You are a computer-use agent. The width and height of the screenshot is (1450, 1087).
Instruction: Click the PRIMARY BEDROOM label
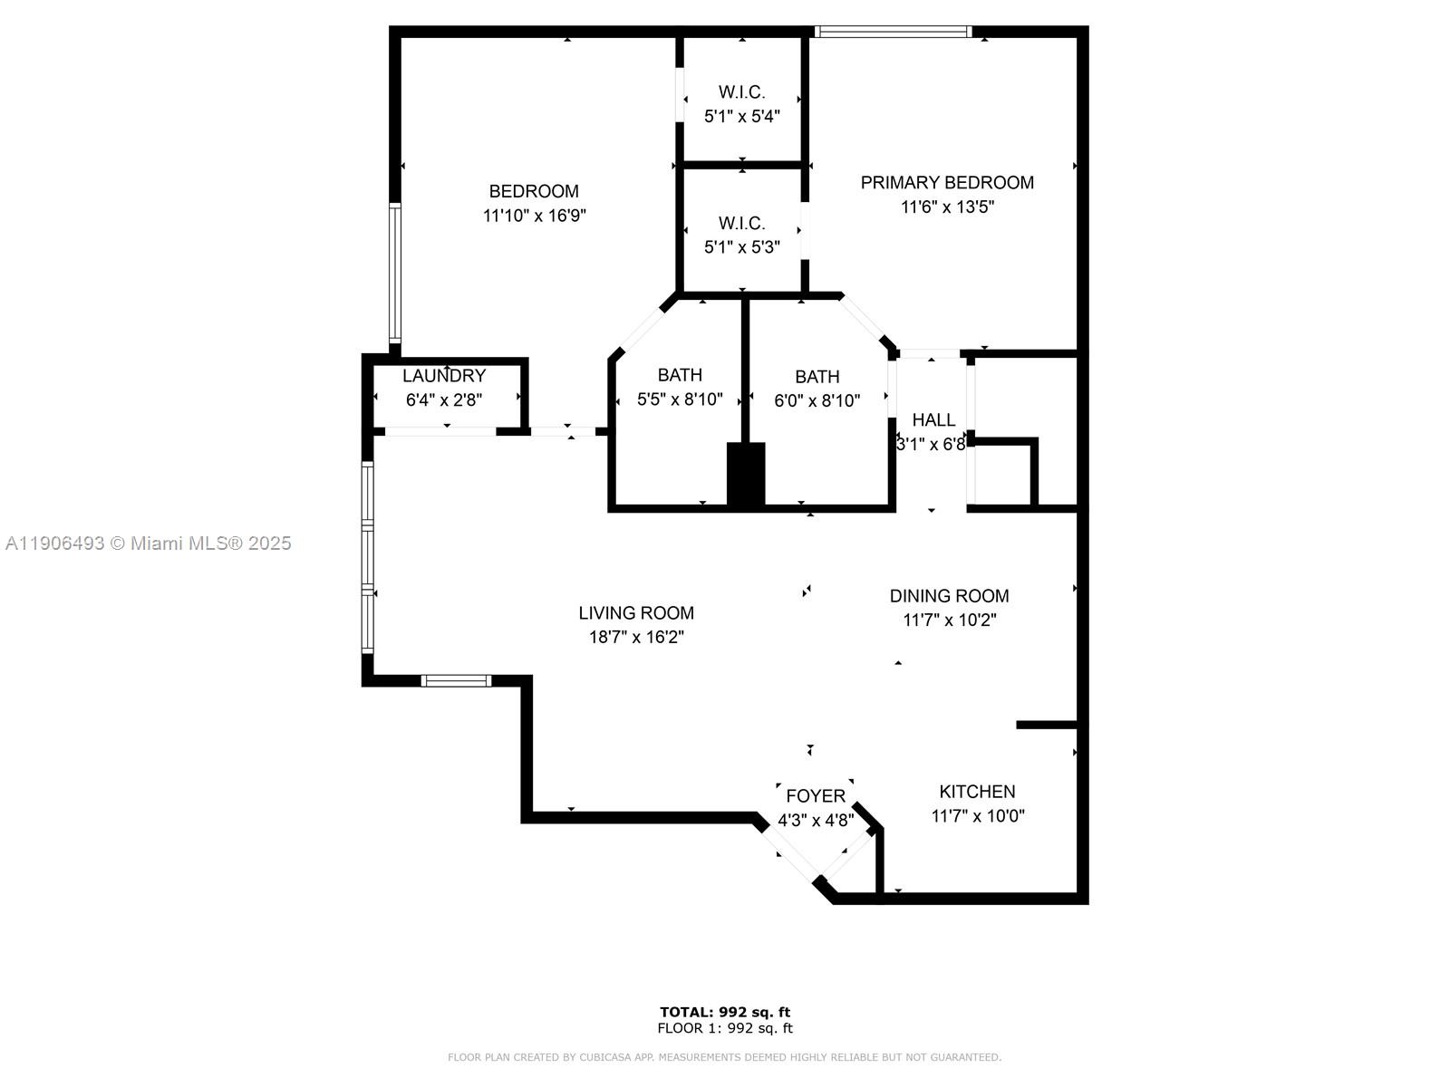pyautogui.click(x=947, y=182)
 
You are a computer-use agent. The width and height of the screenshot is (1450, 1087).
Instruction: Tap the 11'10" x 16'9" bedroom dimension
pyautogui.click(x=535, y=216)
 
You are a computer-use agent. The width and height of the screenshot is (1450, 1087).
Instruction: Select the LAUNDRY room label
pyautogui.click(x=444, y=375)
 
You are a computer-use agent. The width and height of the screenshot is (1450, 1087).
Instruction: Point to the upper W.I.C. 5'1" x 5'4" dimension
pyautogui.click(x=741, y=116)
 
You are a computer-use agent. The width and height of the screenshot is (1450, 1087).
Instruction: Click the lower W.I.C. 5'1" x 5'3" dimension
pyautogui.click(x=741, y=246)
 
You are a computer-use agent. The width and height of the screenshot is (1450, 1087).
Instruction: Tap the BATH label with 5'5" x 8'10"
pyautogui.click(x=680, y=374)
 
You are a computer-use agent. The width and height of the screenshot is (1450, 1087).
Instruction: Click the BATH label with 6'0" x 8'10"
pyautogui.click(x=817, y=376)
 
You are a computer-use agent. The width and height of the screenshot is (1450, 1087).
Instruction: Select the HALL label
pyautogui.click(x=933, y=419)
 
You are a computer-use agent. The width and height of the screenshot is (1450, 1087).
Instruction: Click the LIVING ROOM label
pyautogui.click(x=636, y=612)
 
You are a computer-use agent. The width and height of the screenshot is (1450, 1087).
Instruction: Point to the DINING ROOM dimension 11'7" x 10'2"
pyautogui.click(x=950, y=620)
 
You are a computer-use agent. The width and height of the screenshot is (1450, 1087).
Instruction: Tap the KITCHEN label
pyautogui.click(x=977, y=791)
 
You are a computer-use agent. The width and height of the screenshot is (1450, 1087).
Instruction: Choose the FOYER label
pyautogui.click(x=816, y=795)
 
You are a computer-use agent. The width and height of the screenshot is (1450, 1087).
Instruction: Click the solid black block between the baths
pyautogui.click(x=746, y=474)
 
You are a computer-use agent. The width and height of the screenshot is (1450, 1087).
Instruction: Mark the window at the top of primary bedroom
pyautogui.click(x=892, y=32)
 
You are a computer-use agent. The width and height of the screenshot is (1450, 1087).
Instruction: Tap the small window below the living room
pyautogui.click(x=457, y=680)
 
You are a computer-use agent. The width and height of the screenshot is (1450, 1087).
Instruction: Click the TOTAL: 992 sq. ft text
pyautogui.click(x=725, y=1012)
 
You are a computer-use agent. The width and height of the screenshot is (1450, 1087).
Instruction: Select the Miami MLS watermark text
pyautogui.click(x=149, y=543)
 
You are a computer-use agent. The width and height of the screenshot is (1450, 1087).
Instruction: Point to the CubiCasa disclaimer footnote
pyautogui.click(x=725, y=1057)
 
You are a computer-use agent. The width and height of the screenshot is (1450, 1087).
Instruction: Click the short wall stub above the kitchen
pyautogui.click(x=1047, y=725)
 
